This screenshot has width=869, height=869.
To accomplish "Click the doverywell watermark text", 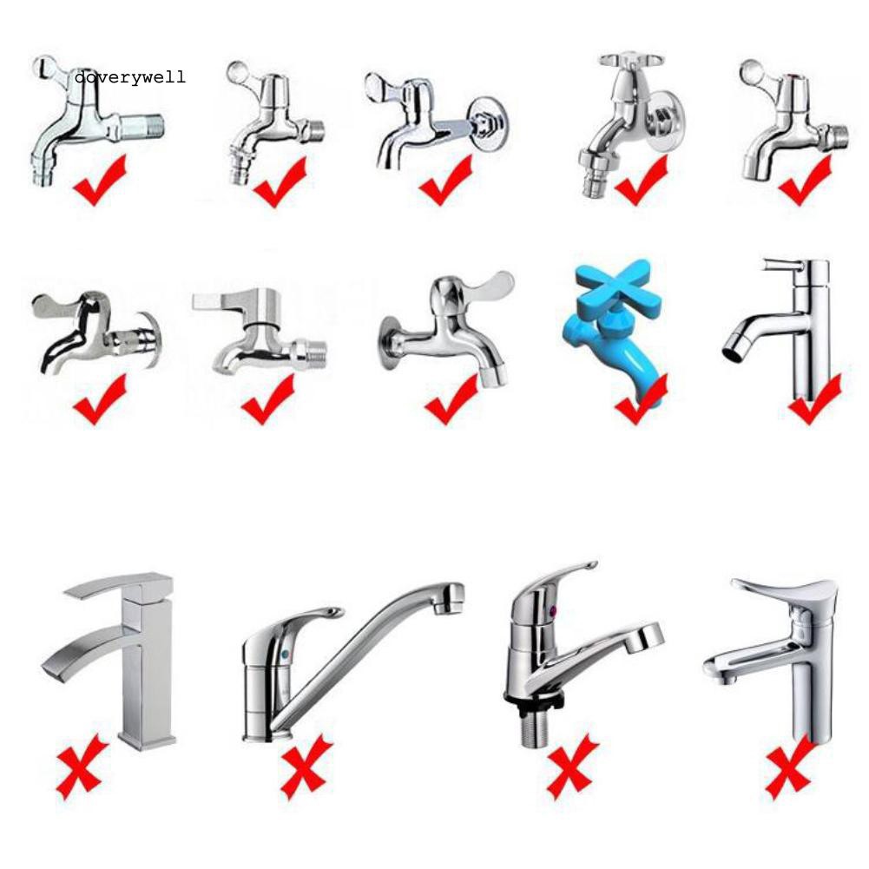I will pos(130,78).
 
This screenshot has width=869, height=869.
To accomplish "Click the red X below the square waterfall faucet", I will pos(82,766).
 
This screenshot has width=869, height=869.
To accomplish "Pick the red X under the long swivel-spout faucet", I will pos(305,766).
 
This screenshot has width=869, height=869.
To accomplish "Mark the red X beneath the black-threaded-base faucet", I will pos(572,766).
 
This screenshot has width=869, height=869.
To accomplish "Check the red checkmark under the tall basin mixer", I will pos(813,398).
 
